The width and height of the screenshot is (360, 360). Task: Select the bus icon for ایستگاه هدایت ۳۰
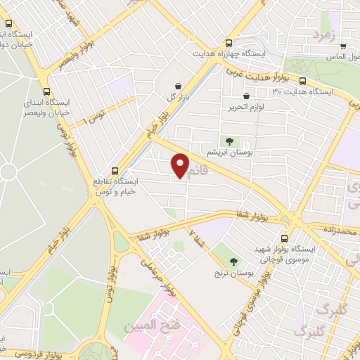302,82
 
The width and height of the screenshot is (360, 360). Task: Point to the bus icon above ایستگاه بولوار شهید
284,238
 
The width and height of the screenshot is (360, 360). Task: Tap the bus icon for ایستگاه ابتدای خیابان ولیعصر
46,91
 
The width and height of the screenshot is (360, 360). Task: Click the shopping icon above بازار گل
177,85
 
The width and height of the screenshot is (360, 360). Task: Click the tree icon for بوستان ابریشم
227,141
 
